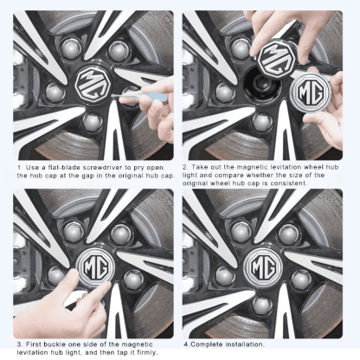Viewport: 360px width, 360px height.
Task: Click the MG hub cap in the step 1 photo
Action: point(91,85)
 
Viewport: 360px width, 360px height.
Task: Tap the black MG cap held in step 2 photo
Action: point(275,59)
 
